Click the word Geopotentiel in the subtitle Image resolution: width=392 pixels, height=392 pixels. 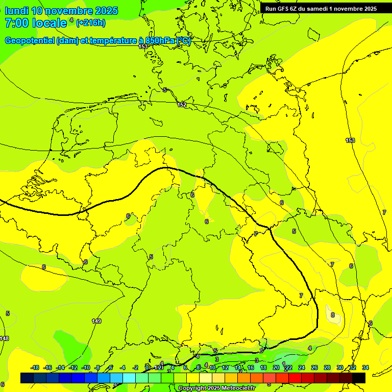29,41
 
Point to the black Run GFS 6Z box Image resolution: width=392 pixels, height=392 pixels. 321,8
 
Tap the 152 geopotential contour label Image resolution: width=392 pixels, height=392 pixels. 182,105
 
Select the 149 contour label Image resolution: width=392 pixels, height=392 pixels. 96,321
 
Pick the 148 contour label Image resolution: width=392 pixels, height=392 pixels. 4,338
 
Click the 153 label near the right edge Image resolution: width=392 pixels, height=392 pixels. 350,140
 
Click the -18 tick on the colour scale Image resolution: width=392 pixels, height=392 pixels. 35,367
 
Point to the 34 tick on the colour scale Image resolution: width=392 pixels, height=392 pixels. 365,367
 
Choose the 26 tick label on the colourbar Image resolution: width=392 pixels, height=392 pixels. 314,367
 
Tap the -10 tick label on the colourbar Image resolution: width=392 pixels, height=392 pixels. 86,367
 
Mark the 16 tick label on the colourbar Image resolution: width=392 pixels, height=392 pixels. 251,367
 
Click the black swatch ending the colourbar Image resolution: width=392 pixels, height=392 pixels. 359,378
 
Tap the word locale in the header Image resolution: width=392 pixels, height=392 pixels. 50,23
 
